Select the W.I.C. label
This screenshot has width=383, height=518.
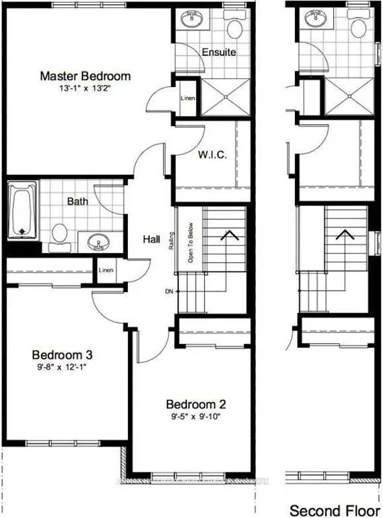pos(212,154)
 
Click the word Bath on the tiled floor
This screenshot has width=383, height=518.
pos(78,201)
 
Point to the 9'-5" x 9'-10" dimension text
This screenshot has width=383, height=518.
pos(196,417)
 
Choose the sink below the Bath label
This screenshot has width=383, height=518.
pos(100,241)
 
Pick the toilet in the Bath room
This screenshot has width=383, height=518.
pos(59,233)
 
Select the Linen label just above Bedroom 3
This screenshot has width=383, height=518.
pos(106,270)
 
